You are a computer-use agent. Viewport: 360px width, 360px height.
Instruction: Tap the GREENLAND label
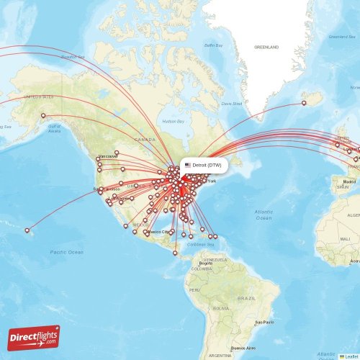266,47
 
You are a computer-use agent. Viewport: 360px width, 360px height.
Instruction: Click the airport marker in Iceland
304,103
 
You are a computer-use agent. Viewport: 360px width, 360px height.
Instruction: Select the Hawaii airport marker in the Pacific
28,230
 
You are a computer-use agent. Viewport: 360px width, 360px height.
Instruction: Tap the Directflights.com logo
34,337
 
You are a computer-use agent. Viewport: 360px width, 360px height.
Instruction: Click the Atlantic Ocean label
264,214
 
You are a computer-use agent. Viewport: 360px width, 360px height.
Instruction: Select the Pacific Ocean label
67,252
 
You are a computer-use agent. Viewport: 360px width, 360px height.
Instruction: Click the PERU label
194,290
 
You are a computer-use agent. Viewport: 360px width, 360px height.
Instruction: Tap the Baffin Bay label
213,45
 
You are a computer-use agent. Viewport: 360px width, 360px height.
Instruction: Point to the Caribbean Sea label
199,245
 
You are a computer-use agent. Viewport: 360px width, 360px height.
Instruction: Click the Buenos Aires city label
240,347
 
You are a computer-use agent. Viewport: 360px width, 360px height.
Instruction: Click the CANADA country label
145,139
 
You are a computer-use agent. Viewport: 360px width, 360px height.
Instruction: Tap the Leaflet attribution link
350,356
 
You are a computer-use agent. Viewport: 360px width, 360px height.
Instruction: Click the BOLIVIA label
221,308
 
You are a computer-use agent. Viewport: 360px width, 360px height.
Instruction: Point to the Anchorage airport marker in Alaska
44,116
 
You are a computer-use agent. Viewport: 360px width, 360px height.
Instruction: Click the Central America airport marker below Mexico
174,253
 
